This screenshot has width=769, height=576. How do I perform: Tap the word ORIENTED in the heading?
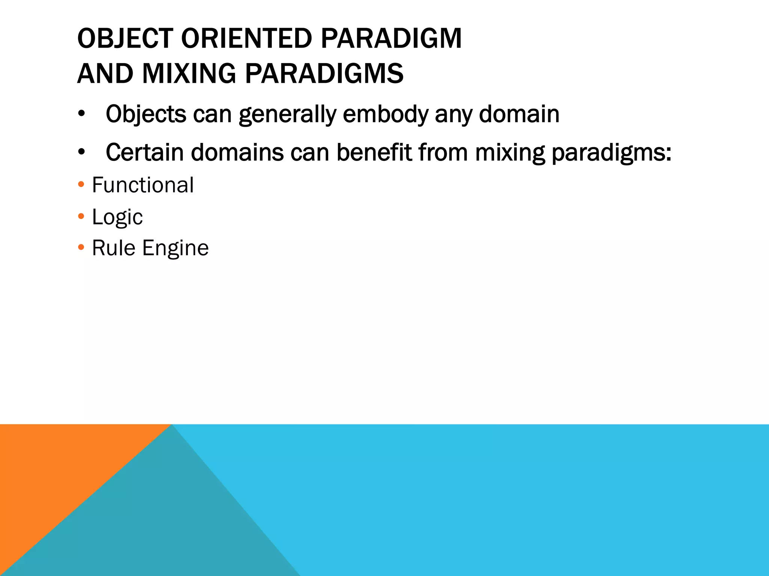click(x=246, y=39)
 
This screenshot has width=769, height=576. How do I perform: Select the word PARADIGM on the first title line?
click(x=391, y=39)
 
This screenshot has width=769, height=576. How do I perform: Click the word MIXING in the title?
click(x=189, y=73)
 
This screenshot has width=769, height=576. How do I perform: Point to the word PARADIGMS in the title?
click(x=324, y=73)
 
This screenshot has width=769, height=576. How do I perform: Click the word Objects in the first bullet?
click(x=146, y=114)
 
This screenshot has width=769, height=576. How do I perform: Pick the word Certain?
click(x=145, y=153)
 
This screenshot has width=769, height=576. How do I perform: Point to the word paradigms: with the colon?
click(x=611, y=153)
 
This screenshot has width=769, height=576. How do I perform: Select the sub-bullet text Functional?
click(x=143, y=185)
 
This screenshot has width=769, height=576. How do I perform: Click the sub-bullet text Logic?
click(x=117, y=217)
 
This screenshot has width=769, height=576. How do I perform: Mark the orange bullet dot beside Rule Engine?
click(x=81, y=247)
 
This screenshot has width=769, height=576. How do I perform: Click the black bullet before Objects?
click(x=81, y=114)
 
